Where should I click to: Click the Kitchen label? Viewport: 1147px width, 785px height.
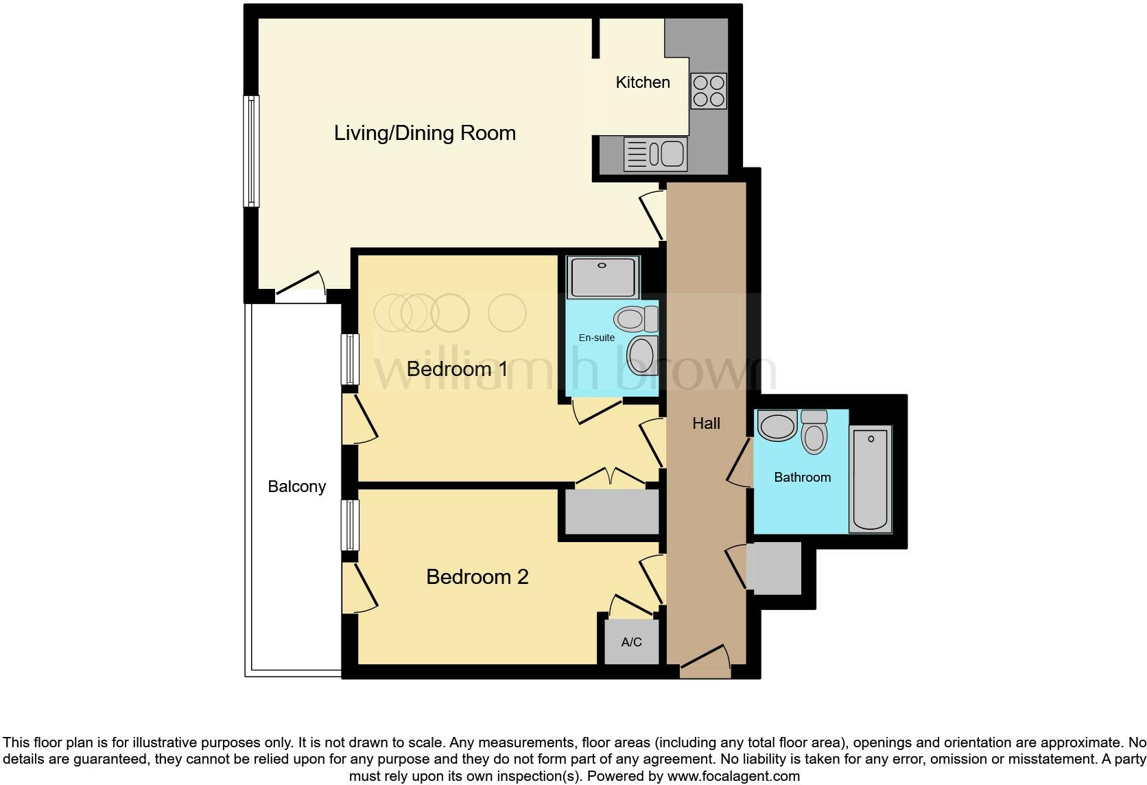click(643, 82)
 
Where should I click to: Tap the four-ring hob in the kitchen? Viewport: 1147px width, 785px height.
click(709, 91)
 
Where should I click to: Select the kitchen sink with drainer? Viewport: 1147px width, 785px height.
click(655, 154)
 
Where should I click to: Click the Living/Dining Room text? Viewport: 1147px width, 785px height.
click(425, 133)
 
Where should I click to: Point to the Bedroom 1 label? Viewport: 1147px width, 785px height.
click(457, 369)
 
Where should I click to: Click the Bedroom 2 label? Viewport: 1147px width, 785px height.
click(477, 577)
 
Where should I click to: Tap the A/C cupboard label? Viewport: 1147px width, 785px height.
click(631, 642)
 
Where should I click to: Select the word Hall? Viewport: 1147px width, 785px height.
click(706, 423)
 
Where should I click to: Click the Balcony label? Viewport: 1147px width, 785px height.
click(296, 487)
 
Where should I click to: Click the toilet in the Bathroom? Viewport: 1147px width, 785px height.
click(814, 432)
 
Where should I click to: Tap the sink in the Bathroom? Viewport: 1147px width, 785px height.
click(777, 425)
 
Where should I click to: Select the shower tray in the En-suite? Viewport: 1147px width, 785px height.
click(603, 277)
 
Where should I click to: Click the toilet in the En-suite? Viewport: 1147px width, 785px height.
click(635, 318)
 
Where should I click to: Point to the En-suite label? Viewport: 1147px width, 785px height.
click(596, 338)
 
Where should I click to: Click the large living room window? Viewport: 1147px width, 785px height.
click(252, 151)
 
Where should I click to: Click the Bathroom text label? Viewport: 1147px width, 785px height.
click(802, 478)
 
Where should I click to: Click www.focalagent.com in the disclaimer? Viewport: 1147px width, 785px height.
click(733, 777)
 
